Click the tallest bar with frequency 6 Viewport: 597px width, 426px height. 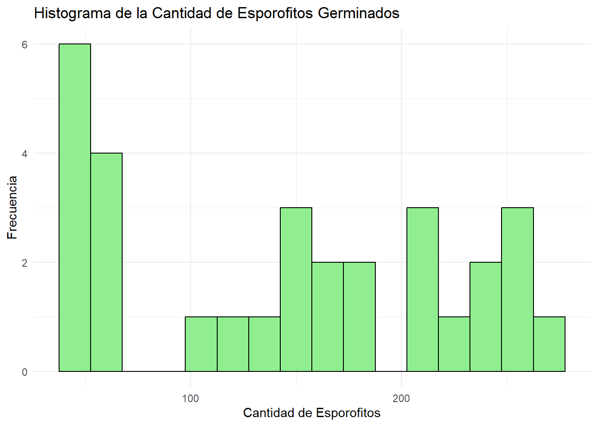(75, 208)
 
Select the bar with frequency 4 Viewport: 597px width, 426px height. (107, 262)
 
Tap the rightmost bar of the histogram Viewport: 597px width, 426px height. (549, 344)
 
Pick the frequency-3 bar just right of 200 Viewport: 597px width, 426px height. (422, 289)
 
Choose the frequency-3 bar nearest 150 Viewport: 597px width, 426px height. (296, 289)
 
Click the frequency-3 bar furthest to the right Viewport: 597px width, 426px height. (517, 289)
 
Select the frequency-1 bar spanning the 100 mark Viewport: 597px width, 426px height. (201, 344)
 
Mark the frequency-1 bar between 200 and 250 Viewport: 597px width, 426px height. (454, 344)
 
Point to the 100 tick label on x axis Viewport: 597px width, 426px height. (191, 398)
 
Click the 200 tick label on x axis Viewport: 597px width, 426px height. (401, 398)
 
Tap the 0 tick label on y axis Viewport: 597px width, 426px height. (25, 372)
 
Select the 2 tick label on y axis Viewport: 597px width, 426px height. (25, 263)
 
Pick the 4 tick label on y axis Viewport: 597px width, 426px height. (25, 154)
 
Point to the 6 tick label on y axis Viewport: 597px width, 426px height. (25, 44)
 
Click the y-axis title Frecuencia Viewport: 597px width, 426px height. (12, 208)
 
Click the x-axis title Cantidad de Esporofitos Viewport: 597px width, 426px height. (312, 413)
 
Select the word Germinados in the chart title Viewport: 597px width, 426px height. (359, 13)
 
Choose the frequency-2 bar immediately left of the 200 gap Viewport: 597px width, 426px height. (359, 317)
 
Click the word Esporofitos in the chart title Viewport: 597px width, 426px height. (276, 13)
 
